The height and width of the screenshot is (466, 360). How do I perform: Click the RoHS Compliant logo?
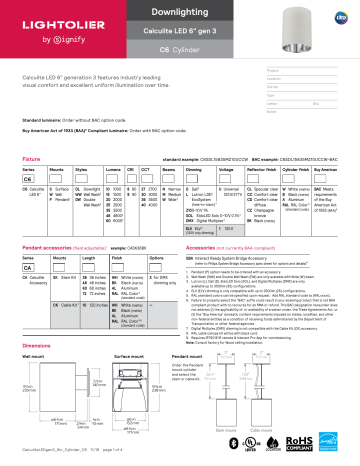[298, 444]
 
